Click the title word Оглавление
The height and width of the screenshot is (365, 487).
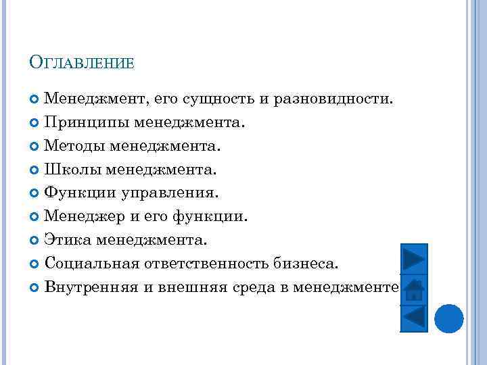coord(82,64)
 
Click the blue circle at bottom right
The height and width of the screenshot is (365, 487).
coord(448,318)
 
